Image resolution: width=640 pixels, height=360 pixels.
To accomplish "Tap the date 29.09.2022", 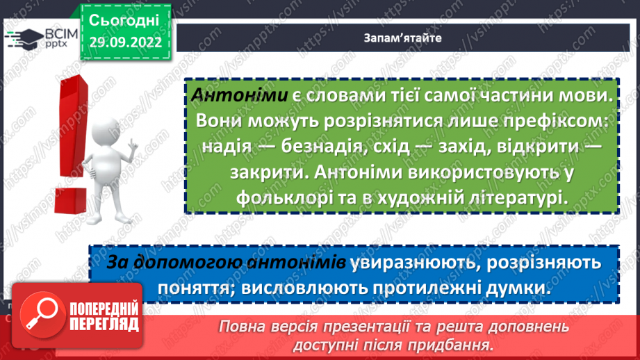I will [125, 42].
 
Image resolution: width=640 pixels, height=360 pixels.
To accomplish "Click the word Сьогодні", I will [125, 19].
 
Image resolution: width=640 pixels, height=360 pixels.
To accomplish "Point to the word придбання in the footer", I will [451, 344].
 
